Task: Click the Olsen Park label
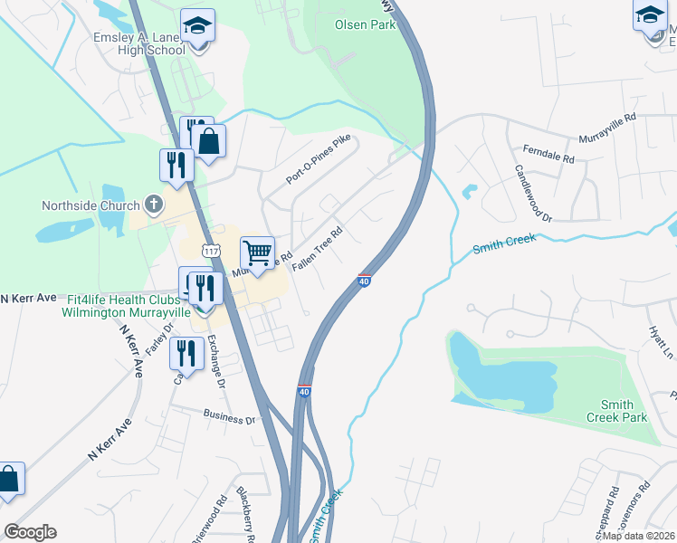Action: [365, 24]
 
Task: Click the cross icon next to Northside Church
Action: [153, 204]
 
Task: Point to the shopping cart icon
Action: [257, 252]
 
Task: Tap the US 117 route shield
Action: [211, 250]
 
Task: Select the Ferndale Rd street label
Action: [549, 153]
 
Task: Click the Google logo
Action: [30, 532]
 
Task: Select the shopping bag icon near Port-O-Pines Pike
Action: [208, 141]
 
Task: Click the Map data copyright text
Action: [638, 535]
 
